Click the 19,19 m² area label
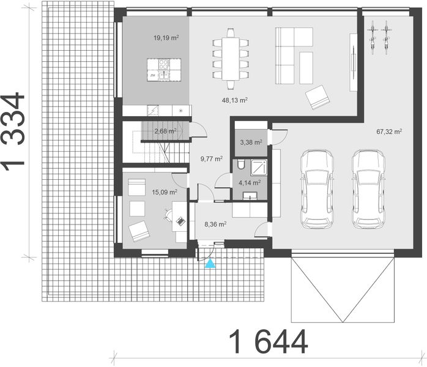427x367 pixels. pos(166,37)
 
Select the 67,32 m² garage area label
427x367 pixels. pos(389,131)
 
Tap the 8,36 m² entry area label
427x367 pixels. pos(215,224)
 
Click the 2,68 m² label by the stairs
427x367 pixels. pos(165,130)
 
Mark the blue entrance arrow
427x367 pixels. pos(210,264)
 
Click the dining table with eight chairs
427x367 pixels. pos(231,55)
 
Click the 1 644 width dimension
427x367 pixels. pos(269,343)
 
